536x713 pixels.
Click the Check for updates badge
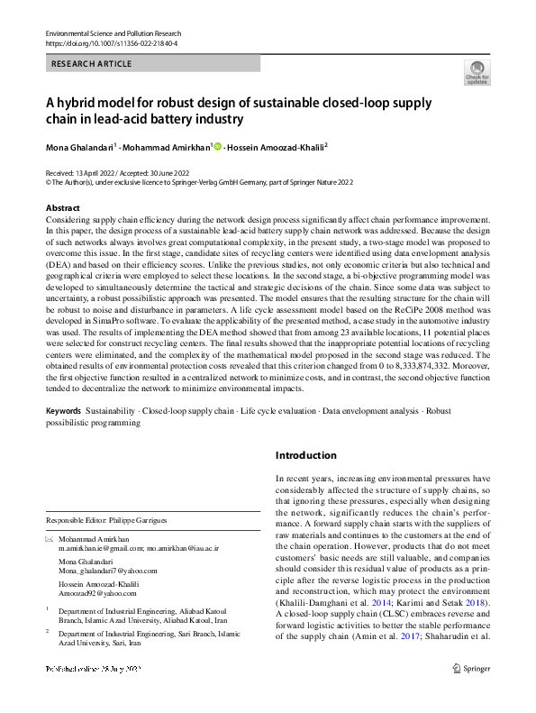tap(477, 71)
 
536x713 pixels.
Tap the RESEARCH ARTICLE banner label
tap(92, 64)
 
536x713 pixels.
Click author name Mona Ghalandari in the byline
tap(78, 146)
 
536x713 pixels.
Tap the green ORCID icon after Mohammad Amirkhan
tap(217, 146)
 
